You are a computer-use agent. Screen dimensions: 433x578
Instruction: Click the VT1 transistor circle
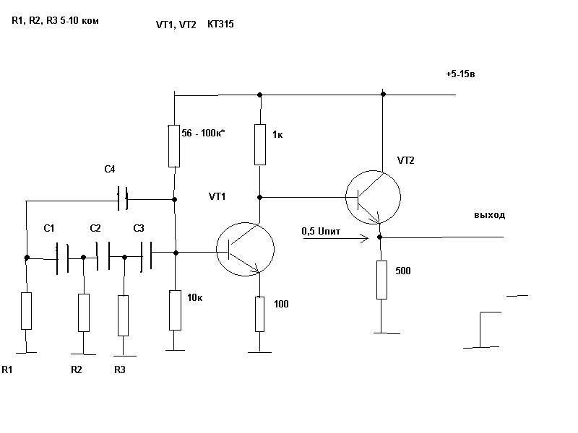(246, 249)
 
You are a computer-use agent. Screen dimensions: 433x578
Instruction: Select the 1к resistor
(259, 144)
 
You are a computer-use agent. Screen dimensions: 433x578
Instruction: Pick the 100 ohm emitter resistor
(259, 313)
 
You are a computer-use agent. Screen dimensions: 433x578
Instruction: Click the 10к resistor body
(175, 310)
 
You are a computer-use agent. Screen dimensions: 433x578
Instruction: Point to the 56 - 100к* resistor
(174, 145)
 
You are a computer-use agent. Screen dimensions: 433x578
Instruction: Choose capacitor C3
(146, 254)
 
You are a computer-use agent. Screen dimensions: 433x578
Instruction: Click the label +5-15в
(461, 75)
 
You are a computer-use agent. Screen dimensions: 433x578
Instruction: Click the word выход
(489, 215)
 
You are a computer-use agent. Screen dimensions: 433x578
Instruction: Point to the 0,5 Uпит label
(322, 231)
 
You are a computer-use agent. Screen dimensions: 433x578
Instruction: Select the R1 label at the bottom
(8, 369)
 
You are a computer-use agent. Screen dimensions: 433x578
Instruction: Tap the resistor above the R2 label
(83, 312)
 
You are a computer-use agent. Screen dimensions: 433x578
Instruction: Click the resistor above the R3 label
(123, 315)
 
